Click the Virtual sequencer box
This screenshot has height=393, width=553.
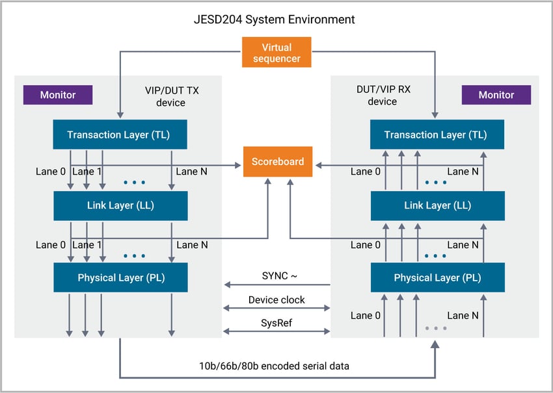tap(276, 53)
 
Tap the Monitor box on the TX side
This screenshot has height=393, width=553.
tap(58, 95)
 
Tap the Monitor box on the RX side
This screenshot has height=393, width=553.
tap(496, 95)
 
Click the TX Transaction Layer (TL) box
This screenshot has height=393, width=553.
tap(120, 135)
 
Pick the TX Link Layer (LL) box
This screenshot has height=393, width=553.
tap(120, 205)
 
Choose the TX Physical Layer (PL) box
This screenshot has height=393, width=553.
tap(120, 277)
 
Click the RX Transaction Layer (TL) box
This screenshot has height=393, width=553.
tap(435, 135)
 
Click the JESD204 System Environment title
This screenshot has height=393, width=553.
tap(276, 19)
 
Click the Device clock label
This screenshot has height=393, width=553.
tap(276, 299)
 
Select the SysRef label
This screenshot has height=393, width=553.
tap(276, 322)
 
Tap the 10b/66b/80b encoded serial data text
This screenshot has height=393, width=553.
tap(276, 366)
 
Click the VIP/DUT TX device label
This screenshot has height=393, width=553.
tap(172, 96)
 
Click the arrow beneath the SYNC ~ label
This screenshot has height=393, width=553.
tap(276, 285)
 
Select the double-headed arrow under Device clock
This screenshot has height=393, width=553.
tap(276, 309)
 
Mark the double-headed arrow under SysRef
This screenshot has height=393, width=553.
tap(276, 331)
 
